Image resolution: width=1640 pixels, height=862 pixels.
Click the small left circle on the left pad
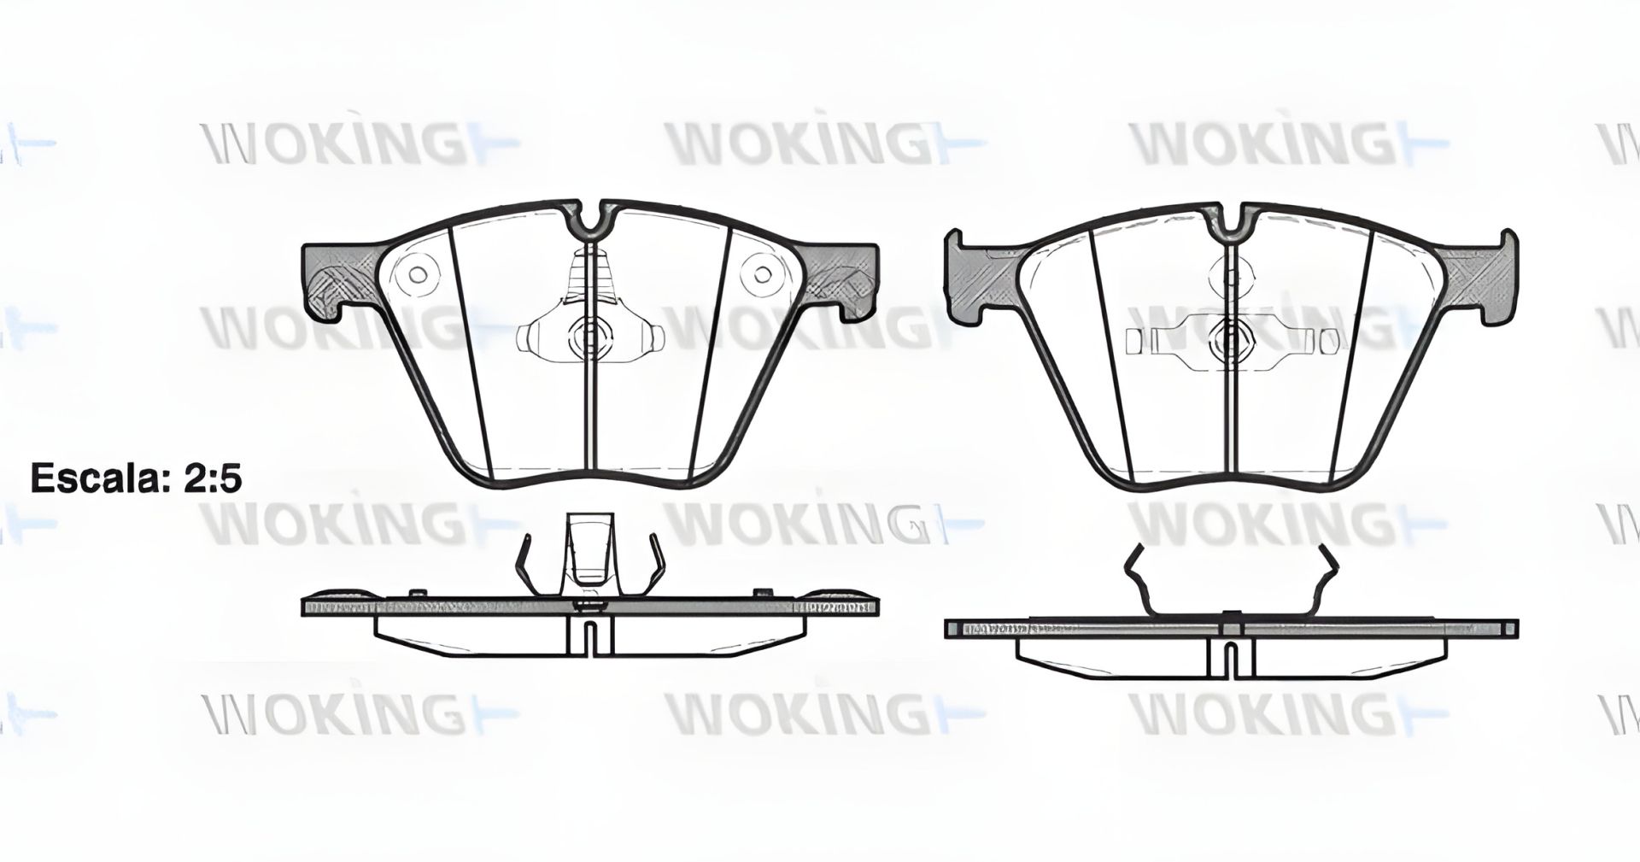point(418,273)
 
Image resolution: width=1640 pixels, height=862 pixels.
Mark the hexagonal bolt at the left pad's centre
point(589,337)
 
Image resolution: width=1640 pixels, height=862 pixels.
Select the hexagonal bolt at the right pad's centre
point(1231,341)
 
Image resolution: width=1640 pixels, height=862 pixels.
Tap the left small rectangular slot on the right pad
point(1133,341)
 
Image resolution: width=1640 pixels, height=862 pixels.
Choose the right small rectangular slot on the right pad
point(1329,341)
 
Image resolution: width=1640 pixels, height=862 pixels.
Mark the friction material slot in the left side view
point(589,639)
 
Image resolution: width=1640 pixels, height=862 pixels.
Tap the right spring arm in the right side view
point(1326,581)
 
